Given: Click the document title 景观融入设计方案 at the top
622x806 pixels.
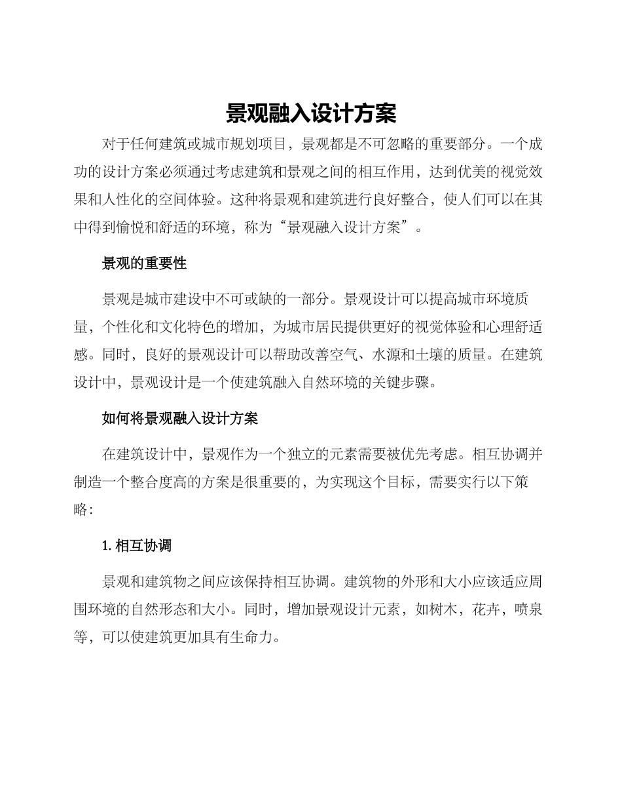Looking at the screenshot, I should pos(311,113).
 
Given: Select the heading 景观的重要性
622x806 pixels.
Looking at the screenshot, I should pos(144,263).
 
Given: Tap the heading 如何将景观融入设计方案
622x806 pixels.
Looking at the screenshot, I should pos(180,419).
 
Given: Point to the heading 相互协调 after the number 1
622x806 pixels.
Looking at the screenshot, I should pos(143,545).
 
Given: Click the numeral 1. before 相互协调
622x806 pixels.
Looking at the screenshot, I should pos(107,545).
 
